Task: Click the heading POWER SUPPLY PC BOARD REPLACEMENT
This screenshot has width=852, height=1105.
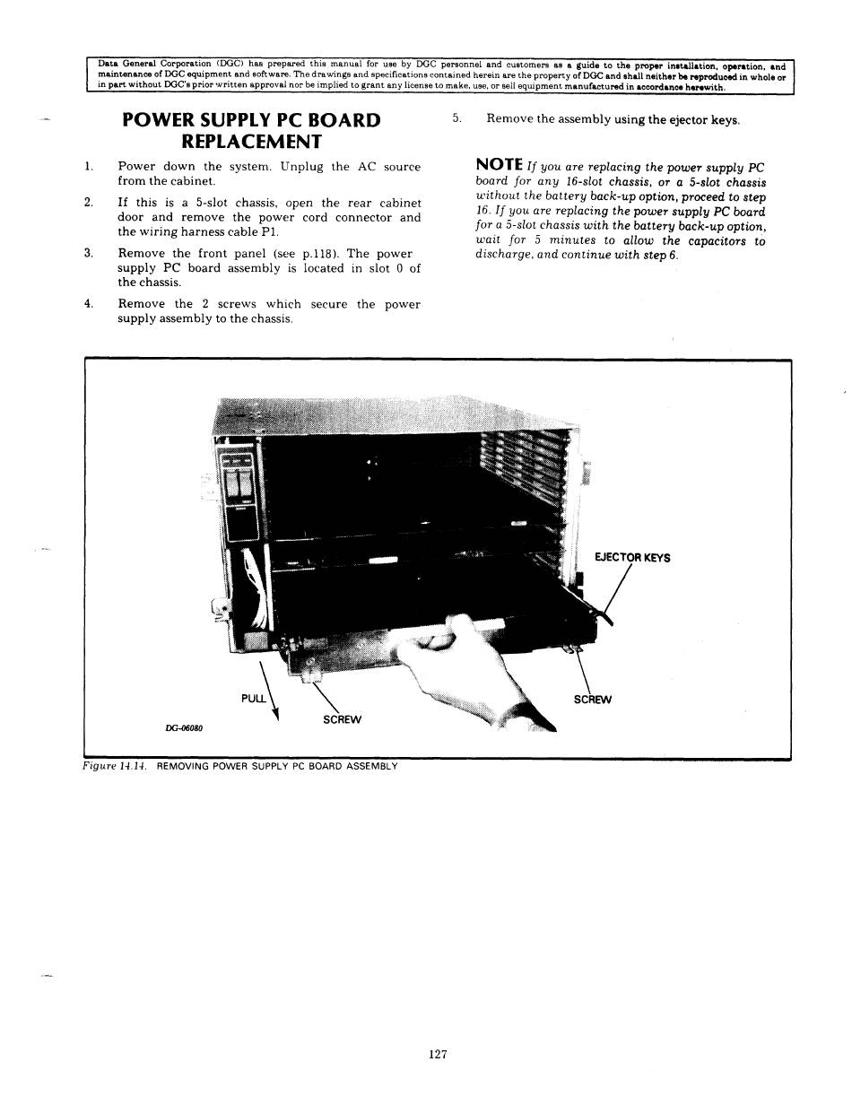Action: pyautogui.click(x=250, y=131)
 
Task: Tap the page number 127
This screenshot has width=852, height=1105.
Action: pyautogui.click(x=438, y=1055)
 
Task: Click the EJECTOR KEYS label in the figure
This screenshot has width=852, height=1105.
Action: pyautogui.click(x=632, y=558)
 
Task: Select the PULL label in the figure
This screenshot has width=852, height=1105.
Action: pyautogui.click(x=254, y=697)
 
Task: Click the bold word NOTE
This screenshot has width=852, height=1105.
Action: pyautogui.click(x=500, y=164)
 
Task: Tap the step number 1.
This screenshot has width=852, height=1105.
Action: pyautogui.click(x=88, y=167)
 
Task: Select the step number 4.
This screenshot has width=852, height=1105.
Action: pyautogui.click(x=88, y=304)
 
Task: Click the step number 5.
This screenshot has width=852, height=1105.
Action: pyautogui.click(x=456, y=118)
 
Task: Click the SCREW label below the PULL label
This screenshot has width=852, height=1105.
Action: pyautogui.click(x=342, y=719)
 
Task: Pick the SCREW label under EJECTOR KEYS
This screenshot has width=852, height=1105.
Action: pyautogui.click(x=592, y=700)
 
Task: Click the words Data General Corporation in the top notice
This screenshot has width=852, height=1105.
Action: pyautogui.click(x=153, y=65)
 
